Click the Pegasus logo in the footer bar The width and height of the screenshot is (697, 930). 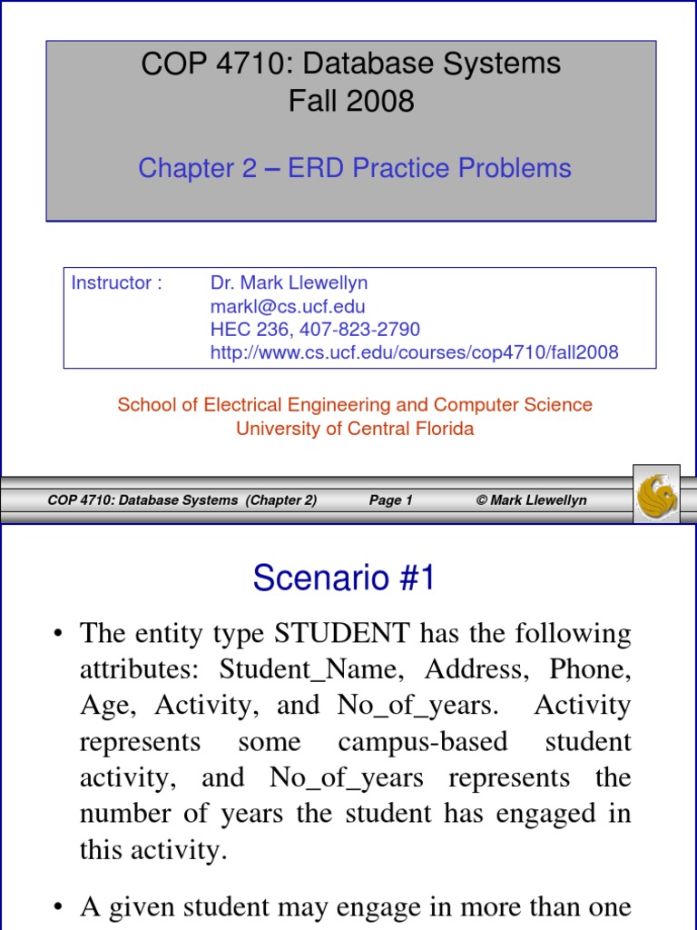click(657, 494)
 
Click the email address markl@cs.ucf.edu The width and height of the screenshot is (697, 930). click(288, 306)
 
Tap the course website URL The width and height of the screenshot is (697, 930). click(414, 352)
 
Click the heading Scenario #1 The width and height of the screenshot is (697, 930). click(344, 579)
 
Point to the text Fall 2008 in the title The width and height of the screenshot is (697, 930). click(351, 100)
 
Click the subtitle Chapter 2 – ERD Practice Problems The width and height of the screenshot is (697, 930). click(355, 168)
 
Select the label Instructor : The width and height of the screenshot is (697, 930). click(116, 282)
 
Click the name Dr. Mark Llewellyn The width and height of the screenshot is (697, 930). click(289, 282)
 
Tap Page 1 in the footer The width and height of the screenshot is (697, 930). click(391, 500)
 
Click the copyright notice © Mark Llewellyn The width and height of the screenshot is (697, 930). click(532, 500)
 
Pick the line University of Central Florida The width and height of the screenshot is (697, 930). click(355, 429)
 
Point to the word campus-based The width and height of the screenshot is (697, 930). click(423, 742)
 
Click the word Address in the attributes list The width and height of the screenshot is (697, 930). click(471, 669)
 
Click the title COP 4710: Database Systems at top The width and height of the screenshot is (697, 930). click(351, 64)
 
